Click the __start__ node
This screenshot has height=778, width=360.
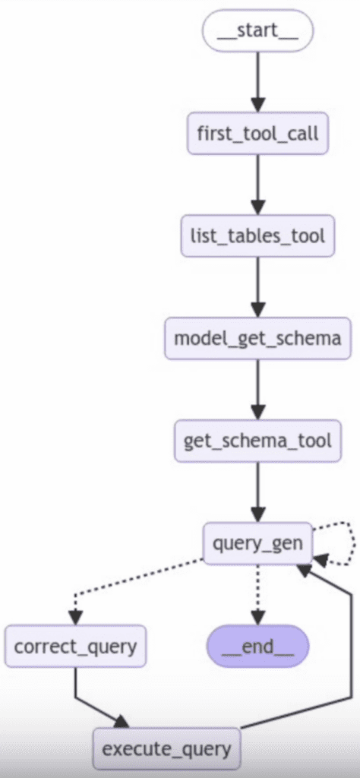[257, 31]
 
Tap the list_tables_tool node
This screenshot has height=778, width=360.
[257, 236]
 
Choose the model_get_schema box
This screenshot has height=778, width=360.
[257, 338]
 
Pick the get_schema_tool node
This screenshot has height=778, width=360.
[257, 440]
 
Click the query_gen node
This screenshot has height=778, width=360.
[257, 543]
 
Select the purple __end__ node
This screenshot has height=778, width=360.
[257, 647]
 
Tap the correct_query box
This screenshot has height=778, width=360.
[75, 647]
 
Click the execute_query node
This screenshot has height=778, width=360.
[166, 749]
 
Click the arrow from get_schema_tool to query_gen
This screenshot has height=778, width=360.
[257, 491]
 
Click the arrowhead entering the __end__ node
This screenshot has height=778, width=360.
[257, 618]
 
